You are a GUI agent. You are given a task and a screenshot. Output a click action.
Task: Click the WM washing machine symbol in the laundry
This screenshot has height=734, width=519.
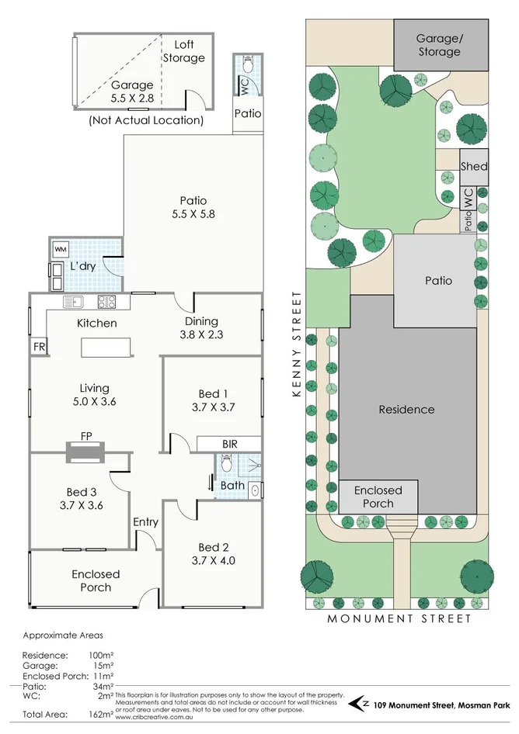61,250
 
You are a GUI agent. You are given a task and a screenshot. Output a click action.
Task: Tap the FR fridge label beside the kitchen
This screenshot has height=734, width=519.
39,347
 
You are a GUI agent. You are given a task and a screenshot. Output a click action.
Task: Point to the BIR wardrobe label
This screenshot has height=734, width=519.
229,444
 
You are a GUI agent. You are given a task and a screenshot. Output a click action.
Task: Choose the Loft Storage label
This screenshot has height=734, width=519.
184,51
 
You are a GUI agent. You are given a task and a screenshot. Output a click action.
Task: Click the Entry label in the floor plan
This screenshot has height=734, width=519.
145,522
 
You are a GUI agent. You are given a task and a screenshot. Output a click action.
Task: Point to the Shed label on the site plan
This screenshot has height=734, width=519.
474,166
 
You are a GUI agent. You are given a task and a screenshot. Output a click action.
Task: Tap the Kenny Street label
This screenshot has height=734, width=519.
296,345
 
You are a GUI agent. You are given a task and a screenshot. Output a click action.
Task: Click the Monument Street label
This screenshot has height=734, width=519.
399,619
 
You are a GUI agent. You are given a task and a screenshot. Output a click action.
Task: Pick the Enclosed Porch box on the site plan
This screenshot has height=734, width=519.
378,497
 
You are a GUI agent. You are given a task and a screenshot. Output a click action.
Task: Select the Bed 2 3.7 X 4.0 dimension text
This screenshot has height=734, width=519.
211,560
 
